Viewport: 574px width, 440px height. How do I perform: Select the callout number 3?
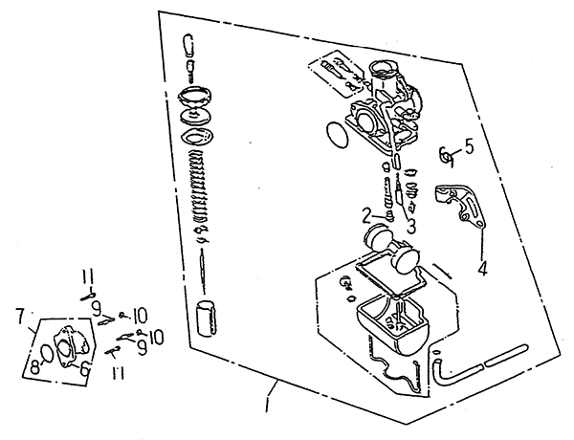point(411,226)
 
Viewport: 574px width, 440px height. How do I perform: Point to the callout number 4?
point(483,269)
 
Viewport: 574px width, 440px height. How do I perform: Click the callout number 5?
point(468,145)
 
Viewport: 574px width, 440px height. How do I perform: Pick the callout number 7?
point(21,316)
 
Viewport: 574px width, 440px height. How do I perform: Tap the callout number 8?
point(34,366)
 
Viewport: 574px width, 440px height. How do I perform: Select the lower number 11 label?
point(117,373)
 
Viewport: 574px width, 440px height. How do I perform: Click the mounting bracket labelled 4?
point(459,207)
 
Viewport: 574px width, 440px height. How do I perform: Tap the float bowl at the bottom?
point(392,324)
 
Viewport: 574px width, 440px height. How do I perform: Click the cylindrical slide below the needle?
point(208,318)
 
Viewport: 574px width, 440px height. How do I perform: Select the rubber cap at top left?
point(188,45)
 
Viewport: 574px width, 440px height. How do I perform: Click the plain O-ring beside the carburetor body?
point(338,134)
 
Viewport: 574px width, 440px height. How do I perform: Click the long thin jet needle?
point(202,271)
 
